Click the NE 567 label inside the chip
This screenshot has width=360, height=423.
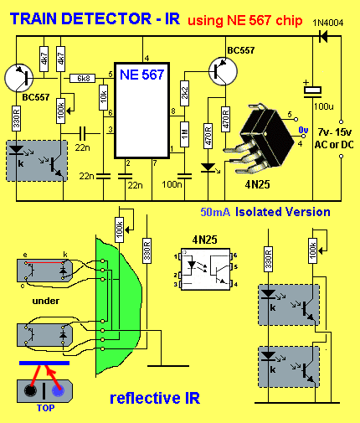141,75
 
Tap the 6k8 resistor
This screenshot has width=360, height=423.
83,78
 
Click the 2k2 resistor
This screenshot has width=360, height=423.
184,93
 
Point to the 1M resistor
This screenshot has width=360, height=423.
184,134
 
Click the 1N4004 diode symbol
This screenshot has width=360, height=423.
323,36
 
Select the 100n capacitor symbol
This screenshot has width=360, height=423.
184,176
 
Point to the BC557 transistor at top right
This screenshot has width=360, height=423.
223,71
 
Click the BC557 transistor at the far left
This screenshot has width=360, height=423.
18,78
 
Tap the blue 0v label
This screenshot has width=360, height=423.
303,130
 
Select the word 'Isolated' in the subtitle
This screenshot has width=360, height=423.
258,212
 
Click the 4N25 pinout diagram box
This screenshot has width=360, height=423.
206,269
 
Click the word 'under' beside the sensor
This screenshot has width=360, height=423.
46,301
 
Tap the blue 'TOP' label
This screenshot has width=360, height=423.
46,408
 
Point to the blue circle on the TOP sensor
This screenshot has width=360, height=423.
58,390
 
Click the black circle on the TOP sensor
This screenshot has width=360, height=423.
30,390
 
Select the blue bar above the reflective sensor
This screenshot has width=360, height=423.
44,363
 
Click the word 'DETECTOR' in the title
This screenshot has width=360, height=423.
106,18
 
